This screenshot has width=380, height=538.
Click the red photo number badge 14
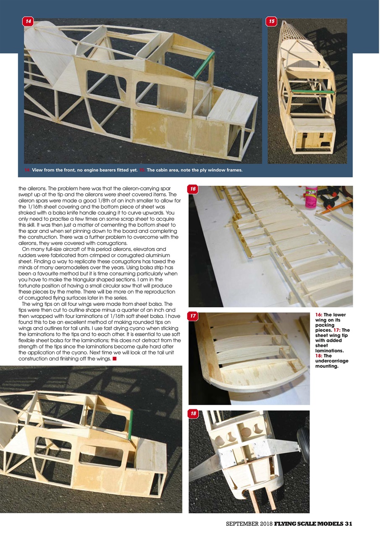28,21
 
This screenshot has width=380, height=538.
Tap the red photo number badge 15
272,21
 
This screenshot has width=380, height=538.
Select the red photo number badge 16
193,189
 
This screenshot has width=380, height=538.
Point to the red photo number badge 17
193,316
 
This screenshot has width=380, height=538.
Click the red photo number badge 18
193,414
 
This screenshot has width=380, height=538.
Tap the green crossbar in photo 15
312,91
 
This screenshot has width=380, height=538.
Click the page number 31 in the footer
348,524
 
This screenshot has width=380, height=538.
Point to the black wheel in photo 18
304,446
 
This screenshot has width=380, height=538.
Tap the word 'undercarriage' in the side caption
332,361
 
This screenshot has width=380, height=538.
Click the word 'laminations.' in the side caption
330,350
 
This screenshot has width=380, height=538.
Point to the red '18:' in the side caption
320,356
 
